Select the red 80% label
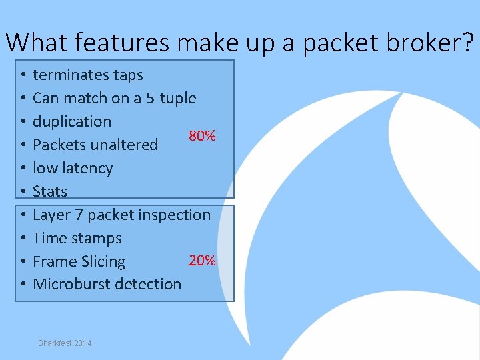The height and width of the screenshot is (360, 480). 202,136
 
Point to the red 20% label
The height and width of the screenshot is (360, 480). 202,260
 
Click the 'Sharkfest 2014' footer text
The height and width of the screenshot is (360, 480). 65,343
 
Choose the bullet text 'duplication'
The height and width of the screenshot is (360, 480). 71,121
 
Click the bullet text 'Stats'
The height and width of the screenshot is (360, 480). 50,191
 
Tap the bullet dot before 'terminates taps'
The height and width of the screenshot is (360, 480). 23,75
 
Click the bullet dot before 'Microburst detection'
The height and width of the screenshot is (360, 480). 23,285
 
